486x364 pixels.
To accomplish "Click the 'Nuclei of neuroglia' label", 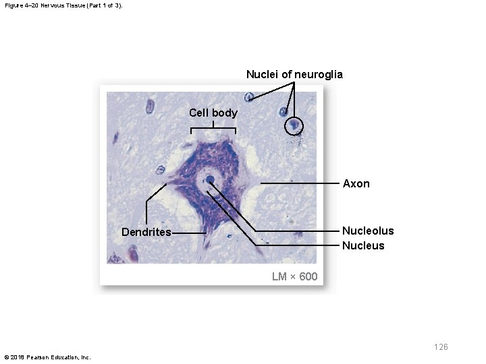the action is coord(294,74).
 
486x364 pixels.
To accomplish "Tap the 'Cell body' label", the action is coord(213,113).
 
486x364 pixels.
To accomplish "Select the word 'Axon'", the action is coord(356,183).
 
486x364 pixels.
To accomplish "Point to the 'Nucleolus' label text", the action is coord(368,231).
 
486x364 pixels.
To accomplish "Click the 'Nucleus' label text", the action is coord(363,245).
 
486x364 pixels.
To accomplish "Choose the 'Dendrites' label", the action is coord(146,233).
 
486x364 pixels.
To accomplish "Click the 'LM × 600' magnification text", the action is coord(294,276).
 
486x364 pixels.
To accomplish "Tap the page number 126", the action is coord(441,347).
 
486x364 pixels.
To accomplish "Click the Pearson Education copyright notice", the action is coord(47,357).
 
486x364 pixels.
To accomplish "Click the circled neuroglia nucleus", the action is coord(294,125).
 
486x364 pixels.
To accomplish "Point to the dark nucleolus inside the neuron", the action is coord(210,180).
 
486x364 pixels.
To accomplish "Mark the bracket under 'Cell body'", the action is coord(213,129).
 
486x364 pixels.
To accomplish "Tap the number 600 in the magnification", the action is coord(308,276).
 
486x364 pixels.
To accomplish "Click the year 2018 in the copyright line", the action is coord(19,357).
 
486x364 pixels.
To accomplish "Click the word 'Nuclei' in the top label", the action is coord(261,74).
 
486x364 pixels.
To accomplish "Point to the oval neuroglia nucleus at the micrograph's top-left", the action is coord(150,107).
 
